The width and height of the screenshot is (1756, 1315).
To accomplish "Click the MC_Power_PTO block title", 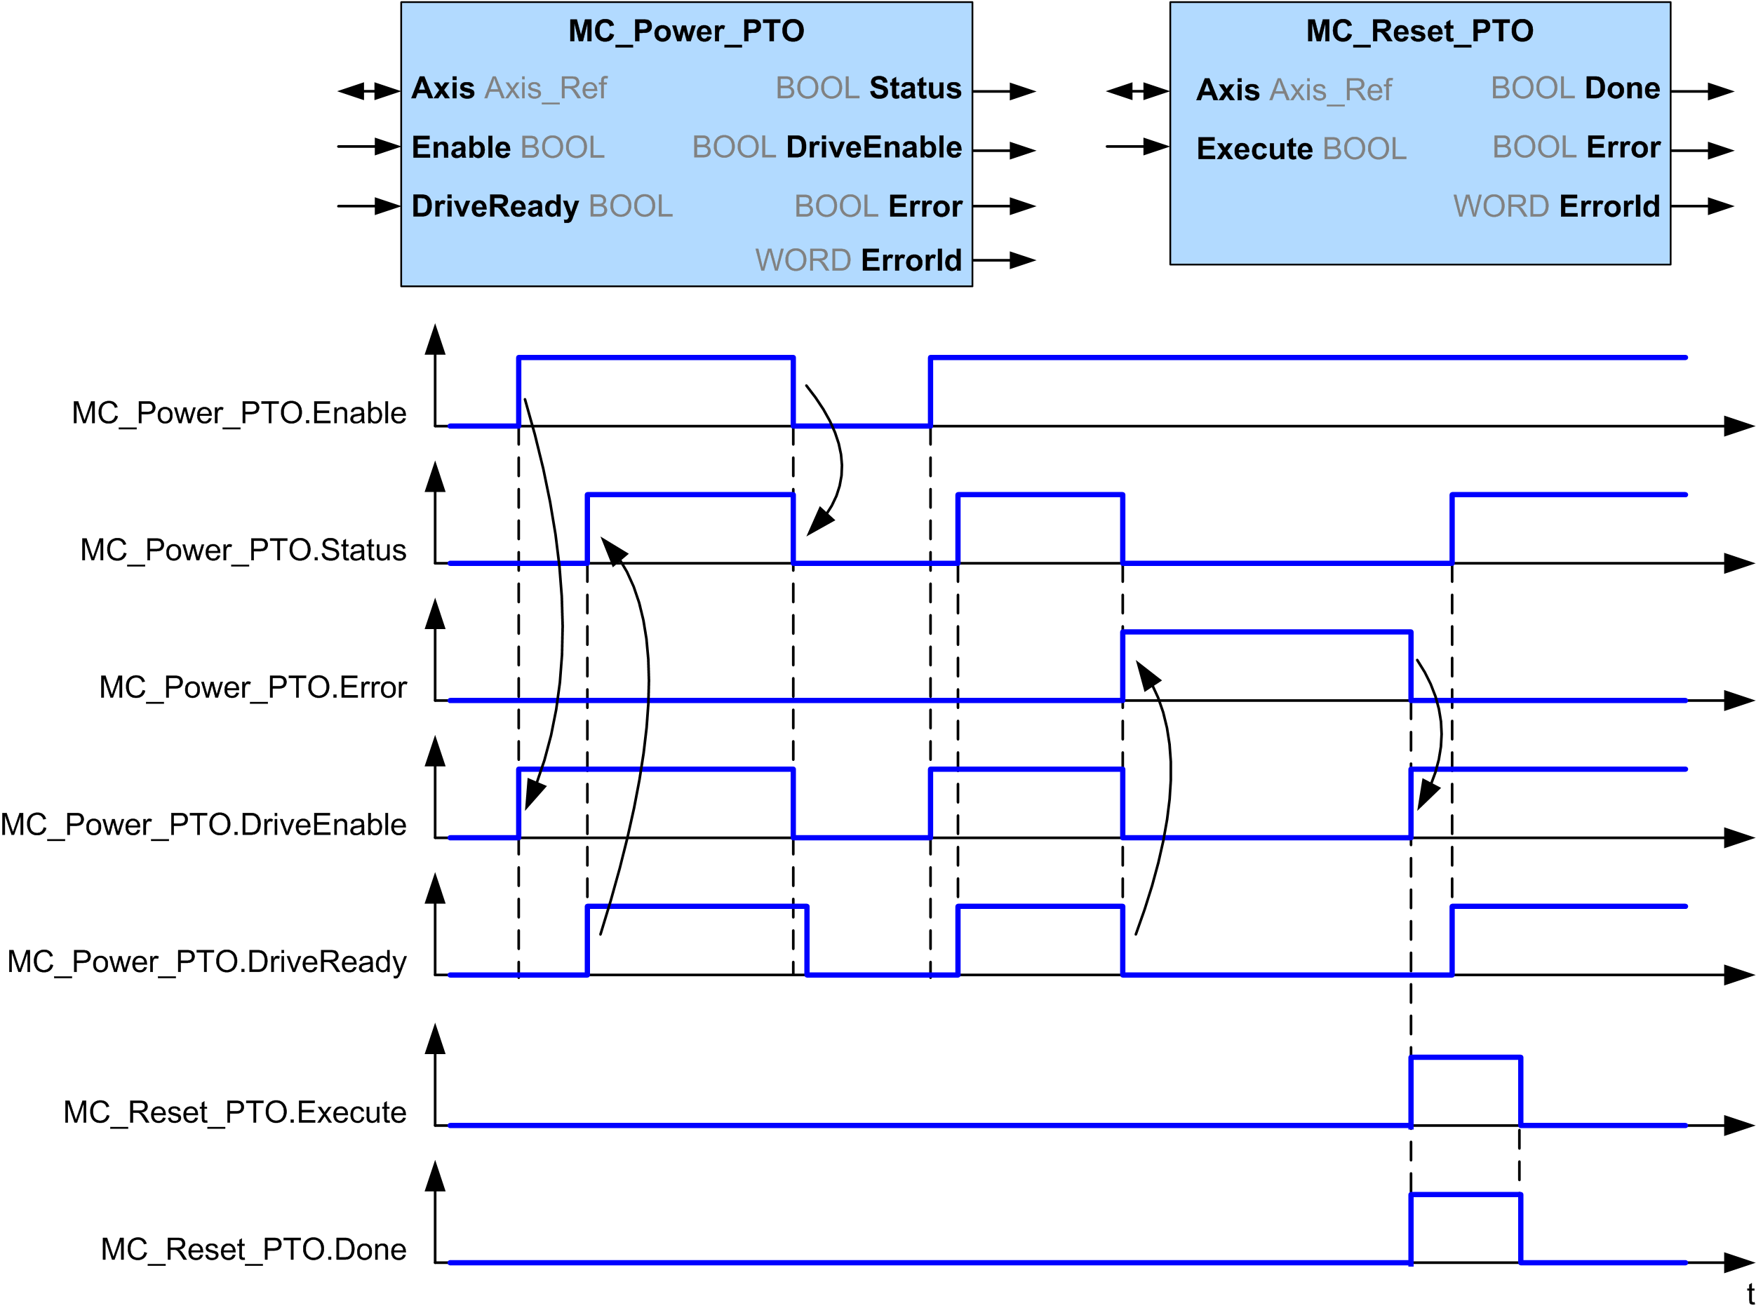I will [x=686, y=31].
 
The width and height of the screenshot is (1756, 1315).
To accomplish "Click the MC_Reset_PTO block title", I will [x=1419, y=31].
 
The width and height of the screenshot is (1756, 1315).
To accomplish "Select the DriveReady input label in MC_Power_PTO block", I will [x=495, y=206].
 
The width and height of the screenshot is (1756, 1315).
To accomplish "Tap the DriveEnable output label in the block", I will [x=873, y=147].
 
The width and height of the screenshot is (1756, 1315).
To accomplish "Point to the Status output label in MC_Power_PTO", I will [x=915, y=88].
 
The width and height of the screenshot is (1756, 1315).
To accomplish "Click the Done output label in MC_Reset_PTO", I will [x=1622, y=88].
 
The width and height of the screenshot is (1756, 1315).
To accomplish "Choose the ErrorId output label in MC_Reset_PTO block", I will [x=1609, y=206].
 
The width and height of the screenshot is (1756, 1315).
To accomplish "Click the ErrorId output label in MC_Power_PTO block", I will [x=911, y=260].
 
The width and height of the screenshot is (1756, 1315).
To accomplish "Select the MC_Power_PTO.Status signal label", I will [x=243, y=551].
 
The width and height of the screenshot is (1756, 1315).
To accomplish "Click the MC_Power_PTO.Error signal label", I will [x=253, y=688].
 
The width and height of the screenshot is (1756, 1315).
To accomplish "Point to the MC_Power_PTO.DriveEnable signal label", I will [x=203, y=825].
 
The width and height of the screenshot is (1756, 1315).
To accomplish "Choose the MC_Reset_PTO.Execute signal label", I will [x=235, y=1112].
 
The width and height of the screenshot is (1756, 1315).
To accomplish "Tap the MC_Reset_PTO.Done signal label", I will [x=253, y=1250].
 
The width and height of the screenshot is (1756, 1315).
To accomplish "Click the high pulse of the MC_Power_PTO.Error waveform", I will [x=1266, y=633].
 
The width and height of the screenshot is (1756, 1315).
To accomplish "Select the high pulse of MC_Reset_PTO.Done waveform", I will [x=1466, y=1194].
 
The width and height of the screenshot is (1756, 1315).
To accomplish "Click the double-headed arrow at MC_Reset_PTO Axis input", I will [x=1137, y=91].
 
